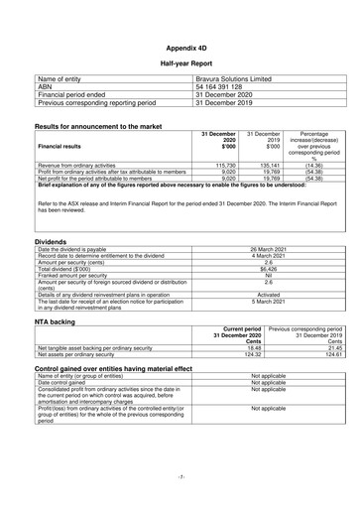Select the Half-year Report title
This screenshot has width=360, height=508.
tap(180, 63)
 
